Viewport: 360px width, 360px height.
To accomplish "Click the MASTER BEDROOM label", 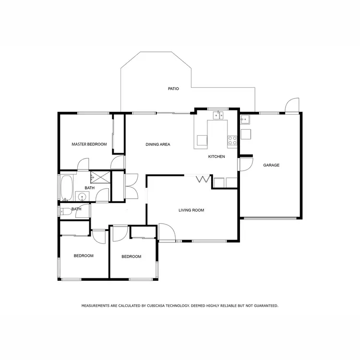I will click(x=89, y=144).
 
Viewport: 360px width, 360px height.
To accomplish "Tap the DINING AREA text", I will click(x=158, y=144).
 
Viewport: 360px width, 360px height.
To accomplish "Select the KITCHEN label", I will click(x=216, y=156).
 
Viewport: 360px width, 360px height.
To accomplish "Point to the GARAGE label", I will click(x=271, y=165).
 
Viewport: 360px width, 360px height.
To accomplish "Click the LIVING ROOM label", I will click(x=192, y=210).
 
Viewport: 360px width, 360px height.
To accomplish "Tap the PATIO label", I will click(x=173, y=89).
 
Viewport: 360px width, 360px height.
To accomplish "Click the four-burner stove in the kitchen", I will click(x=232, y=141).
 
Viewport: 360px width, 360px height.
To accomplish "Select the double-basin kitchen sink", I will click(x=218, y=115).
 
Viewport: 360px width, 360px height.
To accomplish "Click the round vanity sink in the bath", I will click(x=82, y=196).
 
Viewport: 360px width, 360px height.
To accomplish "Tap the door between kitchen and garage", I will click(x=245, y=164).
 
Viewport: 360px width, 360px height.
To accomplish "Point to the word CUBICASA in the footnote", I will click(x=150, y=305).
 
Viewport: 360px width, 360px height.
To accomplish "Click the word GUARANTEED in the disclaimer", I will click(x=264, y=305).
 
